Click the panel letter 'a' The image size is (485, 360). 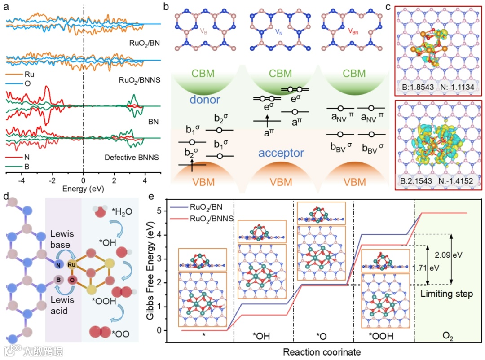tap(6, 7)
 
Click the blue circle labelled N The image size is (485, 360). tap(58, 265)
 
